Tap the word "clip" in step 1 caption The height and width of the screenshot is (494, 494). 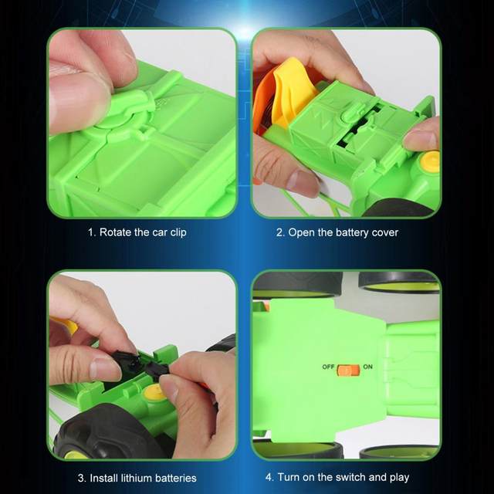pos(178,232)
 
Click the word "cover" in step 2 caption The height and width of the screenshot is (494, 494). pos(384,233)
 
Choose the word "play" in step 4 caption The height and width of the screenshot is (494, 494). pos(399,478)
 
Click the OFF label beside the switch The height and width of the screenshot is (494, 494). pos(328,367)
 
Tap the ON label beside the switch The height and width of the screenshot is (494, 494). pos(367,367)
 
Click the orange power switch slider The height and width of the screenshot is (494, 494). pos(348,370)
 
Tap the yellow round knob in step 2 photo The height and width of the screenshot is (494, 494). pos(430,161)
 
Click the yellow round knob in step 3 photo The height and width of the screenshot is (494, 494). pos(154,393)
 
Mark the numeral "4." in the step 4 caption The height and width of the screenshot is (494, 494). pos(269,477)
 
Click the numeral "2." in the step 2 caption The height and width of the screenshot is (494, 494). pos(280,233)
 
